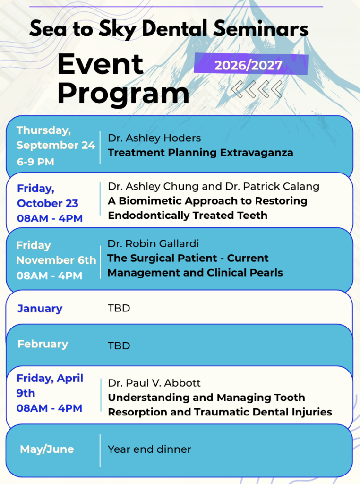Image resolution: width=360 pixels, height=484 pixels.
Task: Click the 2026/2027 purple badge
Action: [251, 64]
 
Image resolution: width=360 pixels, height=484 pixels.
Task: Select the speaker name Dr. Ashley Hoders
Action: [154, 138]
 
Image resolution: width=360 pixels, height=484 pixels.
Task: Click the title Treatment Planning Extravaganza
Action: [200, 153]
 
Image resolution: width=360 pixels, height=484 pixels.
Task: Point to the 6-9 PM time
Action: [35, 162]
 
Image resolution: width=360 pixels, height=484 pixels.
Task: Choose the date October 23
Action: [48, 203]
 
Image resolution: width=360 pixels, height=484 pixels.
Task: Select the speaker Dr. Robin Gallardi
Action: [153, 243]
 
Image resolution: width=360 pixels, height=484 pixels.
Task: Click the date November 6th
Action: [56, 260]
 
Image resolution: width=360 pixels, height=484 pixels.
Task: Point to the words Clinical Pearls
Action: [245, 273]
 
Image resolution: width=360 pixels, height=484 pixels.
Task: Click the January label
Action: [40, 308]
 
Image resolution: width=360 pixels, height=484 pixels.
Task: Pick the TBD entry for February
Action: [119, 346]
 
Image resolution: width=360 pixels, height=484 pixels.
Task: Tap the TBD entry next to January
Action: [119, 308]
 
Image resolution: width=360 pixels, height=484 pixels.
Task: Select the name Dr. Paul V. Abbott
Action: [154, 383]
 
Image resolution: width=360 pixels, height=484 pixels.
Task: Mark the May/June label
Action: [47, 449]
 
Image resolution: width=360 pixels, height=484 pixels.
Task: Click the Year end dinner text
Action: [149, 449]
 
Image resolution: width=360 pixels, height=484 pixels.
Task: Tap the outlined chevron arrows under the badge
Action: [257, 89]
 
